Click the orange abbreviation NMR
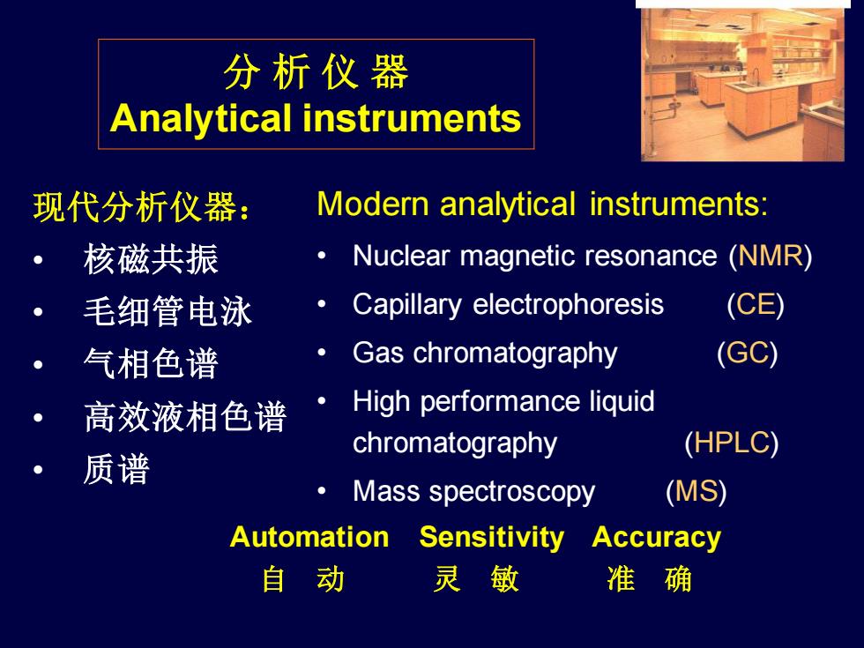771,256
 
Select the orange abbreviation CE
756,304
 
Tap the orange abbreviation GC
748,353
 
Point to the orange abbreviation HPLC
731,443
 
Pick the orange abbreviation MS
696,491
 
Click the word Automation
309,537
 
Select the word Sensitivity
492,538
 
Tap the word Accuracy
656,538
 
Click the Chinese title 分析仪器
316,72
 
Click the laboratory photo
742,85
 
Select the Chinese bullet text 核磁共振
151,259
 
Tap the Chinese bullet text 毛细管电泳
168,311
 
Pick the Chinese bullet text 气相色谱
151,363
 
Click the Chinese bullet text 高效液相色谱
185,416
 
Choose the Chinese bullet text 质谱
116,469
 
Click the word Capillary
407,305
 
